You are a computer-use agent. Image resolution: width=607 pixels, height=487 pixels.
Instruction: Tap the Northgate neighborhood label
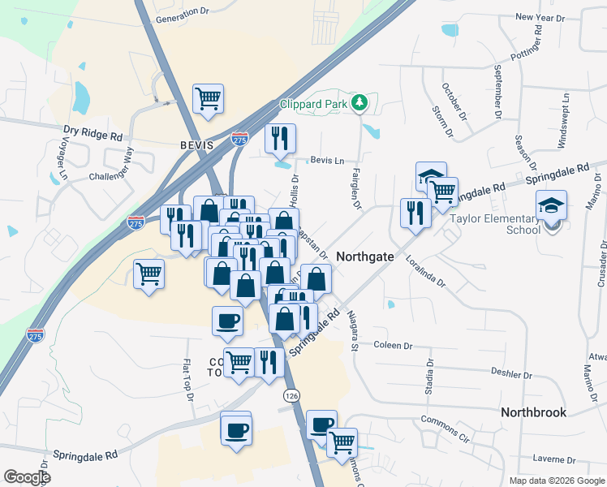[365, 256]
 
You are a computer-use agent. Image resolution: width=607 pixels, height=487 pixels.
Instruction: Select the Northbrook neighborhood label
[533, 412]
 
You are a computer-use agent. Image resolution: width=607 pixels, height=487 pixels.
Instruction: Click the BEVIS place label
[196, 145]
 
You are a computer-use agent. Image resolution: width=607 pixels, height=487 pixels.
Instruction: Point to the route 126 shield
[291, 394]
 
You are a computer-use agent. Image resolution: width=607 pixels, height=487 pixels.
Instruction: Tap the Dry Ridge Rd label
[93, 130]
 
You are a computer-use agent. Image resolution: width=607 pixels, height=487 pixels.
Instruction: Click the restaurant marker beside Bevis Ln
[280, 140]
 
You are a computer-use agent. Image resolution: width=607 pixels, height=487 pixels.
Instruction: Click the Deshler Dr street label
[511, 373]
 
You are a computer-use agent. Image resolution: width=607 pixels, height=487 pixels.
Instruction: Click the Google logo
[27, 477]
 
